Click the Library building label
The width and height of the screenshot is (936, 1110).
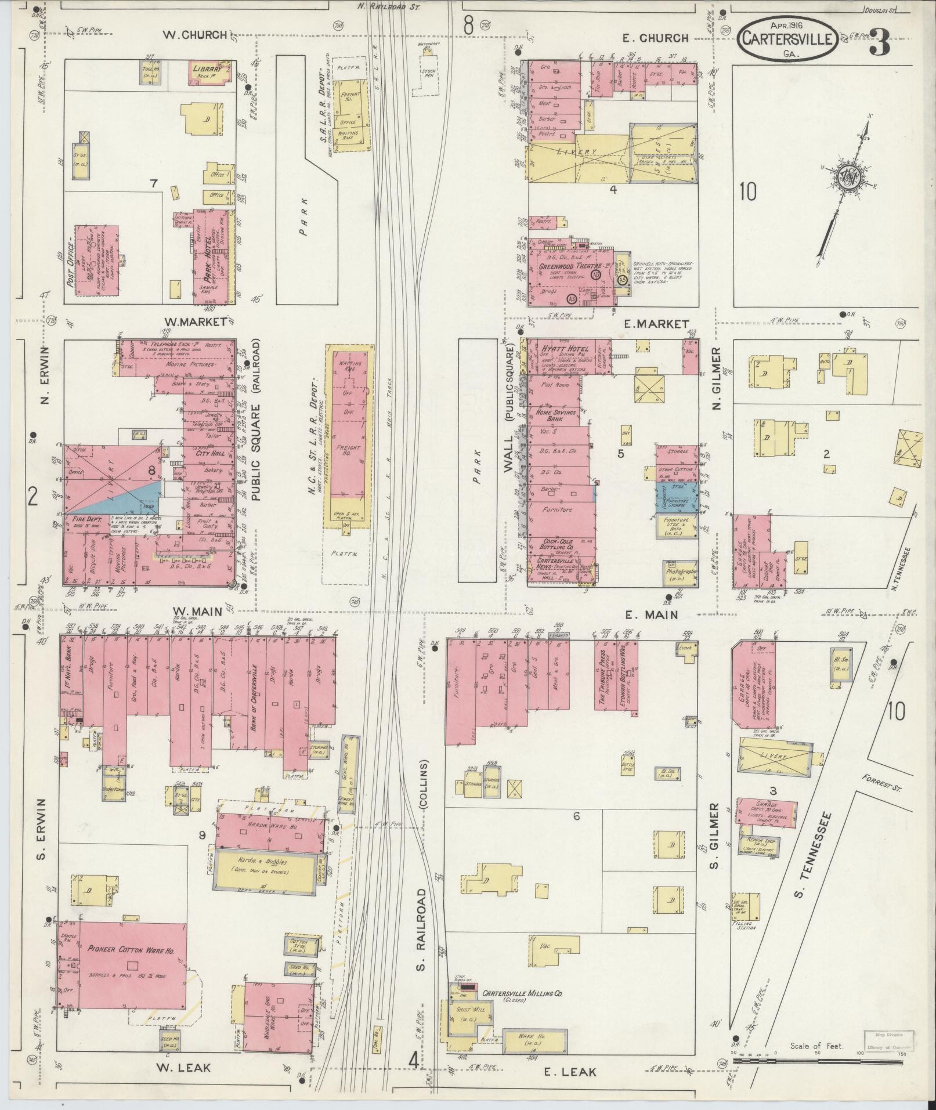pos(207,68)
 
